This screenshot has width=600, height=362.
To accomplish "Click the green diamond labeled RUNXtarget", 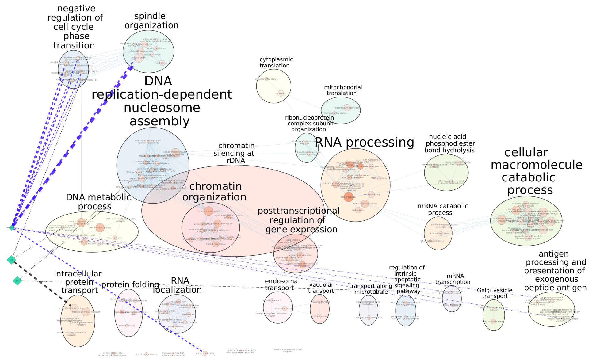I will (12, 227).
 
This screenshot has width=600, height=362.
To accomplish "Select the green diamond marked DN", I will (11, 260).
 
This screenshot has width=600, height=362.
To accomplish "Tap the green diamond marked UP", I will (17, 281).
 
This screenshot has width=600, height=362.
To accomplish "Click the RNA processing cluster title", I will (364, 143).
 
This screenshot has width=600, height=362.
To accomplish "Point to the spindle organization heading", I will (151, 21).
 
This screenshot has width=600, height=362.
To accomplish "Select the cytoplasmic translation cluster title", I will (276, 63).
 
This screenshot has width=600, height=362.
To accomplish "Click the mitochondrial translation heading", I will (343, 90).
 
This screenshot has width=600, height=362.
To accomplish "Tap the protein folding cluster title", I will (130, 285).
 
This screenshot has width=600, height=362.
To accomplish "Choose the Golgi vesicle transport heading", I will (495, 293).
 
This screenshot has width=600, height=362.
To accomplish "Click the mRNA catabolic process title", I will (442, 209).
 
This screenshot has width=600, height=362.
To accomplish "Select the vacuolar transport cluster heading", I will (321, 288).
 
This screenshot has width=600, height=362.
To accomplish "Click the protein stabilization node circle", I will (205, 353).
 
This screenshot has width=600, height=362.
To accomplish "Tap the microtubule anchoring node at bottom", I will (146, 354).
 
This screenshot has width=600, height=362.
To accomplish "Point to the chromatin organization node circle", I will (208, 211).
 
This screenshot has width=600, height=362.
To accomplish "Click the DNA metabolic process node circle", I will (100, 227).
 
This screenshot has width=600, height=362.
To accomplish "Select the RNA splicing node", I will (358, 210).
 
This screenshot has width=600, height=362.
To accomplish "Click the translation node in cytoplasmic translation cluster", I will (281, 93).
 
